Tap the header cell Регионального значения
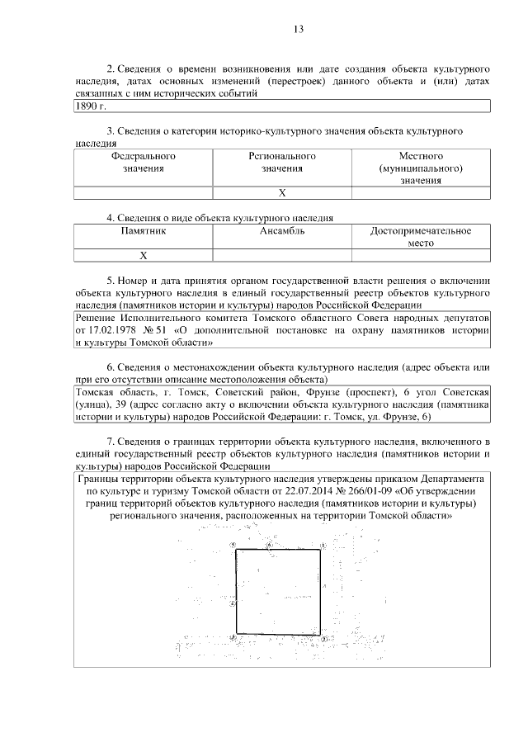click(282, 162)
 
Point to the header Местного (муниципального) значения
click(421, 168)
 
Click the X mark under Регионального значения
click(282, 193)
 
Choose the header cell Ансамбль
click(282, 231)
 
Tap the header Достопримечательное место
click(421, 238)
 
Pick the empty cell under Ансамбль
click(282, 256)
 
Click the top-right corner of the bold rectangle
click(321, 551)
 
